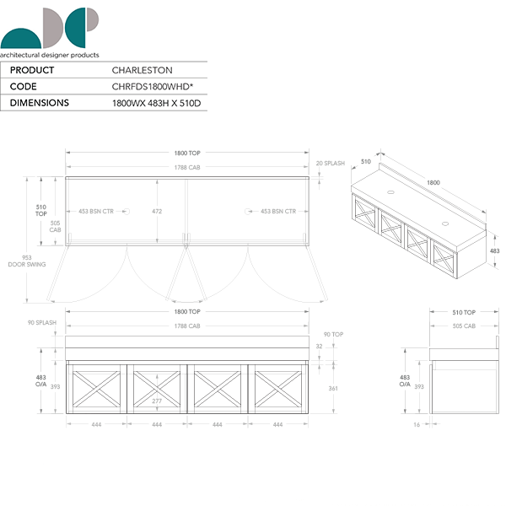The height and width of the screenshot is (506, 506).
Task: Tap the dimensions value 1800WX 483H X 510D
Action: click(x=157, y=103)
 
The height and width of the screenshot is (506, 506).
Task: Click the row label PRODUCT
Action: click(x=31, y=70)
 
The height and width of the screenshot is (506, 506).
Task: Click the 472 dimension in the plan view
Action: click(x=158, y=212)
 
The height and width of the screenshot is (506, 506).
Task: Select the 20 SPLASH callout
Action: click(x=330, y=163)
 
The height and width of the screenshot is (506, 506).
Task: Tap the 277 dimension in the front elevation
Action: click(x=157, y=401)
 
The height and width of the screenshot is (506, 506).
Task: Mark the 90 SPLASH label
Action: click(x=41, y=321)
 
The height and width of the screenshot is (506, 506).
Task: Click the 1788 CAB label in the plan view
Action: click(x=187, y=168)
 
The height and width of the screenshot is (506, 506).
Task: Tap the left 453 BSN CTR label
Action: click(x=96, y=212)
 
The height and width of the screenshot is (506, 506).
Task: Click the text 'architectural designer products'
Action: click(x=50, y=55)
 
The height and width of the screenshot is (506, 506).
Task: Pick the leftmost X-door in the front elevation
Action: click(x=96, y=389)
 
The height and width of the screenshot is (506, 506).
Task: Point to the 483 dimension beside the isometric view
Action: click(x=494, y=251)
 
